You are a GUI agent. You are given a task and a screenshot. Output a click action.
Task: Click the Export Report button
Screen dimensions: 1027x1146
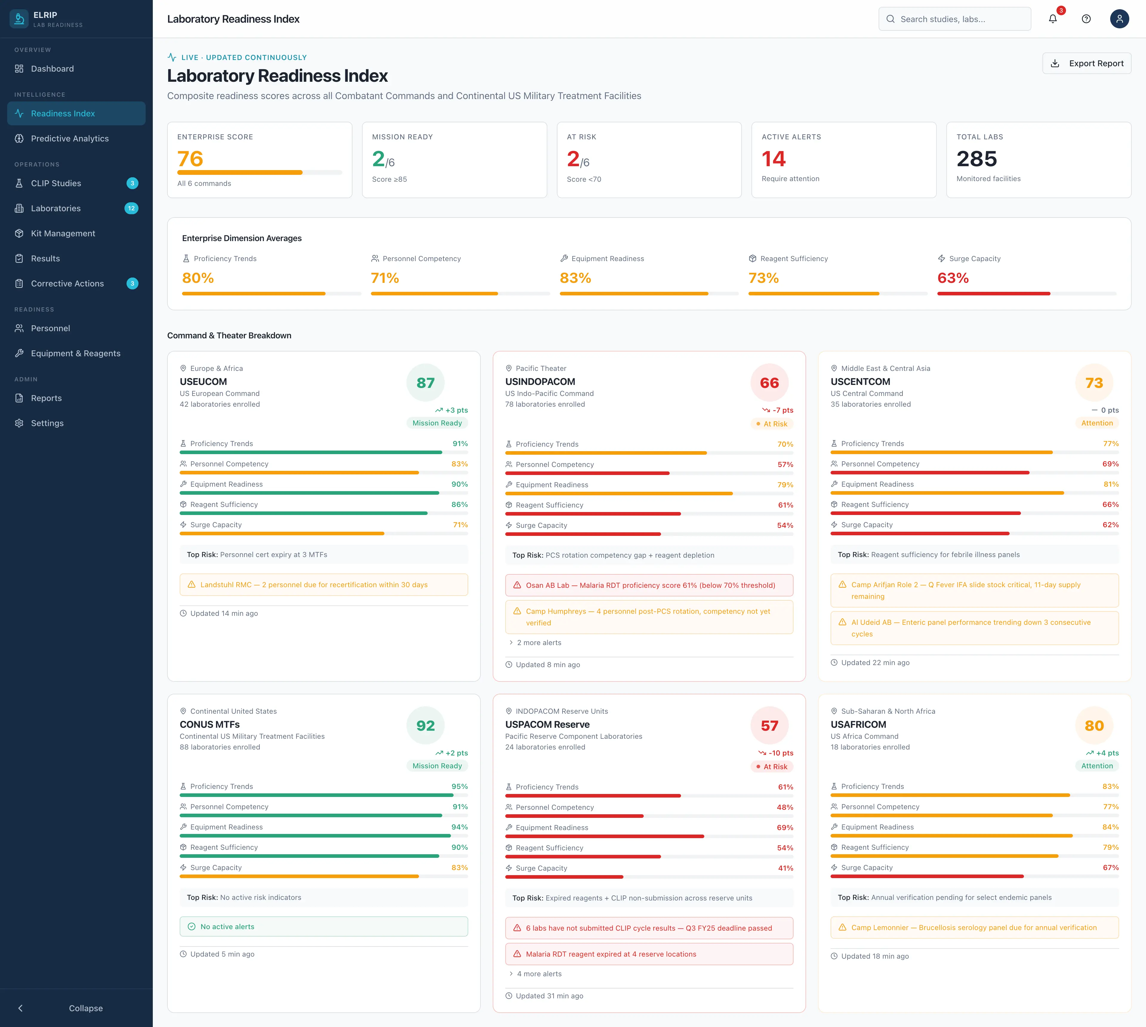[1086, 63]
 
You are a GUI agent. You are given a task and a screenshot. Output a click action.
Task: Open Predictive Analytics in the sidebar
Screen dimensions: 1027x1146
[70, 138]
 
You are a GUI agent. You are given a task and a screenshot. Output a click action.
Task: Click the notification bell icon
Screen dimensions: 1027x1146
[1052, 18]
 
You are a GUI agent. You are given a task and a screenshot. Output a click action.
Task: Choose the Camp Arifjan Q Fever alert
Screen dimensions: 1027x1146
[974, 590]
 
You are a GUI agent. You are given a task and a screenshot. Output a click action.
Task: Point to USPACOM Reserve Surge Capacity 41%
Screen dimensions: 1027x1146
[785, 868]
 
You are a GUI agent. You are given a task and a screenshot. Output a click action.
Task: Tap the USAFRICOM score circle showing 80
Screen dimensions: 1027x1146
[1093, 726]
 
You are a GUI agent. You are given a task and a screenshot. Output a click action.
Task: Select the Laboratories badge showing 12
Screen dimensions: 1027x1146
[132, 208]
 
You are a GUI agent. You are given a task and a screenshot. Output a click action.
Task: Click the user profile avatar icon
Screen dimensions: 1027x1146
[1119, 18]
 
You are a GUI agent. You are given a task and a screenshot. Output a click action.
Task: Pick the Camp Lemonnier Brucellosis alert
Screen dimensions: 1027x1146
[974, 927]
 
